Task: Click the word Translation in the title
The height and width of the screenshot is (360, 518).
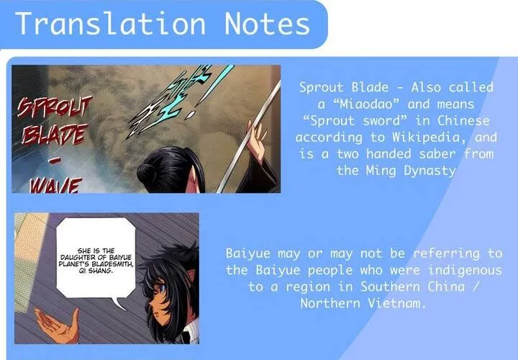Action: click(x=110, y=23)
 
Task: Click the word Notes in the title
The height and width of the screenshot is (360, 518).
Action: click(x=267, y=23)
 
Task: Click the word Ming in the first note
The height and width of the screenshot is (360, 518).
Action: click(x=381, y=171)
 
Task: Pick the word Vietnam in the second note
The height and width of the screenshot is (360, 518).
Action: click(x=396, y=303)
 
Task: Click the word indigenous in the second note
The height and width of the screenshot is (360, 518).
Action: click(x=465, y=271)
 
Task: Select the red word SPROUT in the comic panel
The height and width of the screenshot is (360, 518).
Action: click(x=55, y=107)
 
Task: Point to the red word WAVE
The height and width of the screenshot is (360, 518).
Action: click(x=55, y=186)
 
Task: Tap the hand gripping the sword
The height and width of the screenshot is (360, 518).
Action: click(x=258, y=140)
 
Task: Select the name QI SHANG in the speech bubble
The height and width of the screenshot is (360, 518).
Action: click(x=96, y=271)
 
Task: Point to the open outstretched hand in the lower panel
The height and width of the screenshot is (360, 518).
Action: click(x=58, y=325)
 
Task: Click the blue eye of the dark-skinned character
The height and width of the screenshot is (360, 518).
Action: click(x=162, y=288)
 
